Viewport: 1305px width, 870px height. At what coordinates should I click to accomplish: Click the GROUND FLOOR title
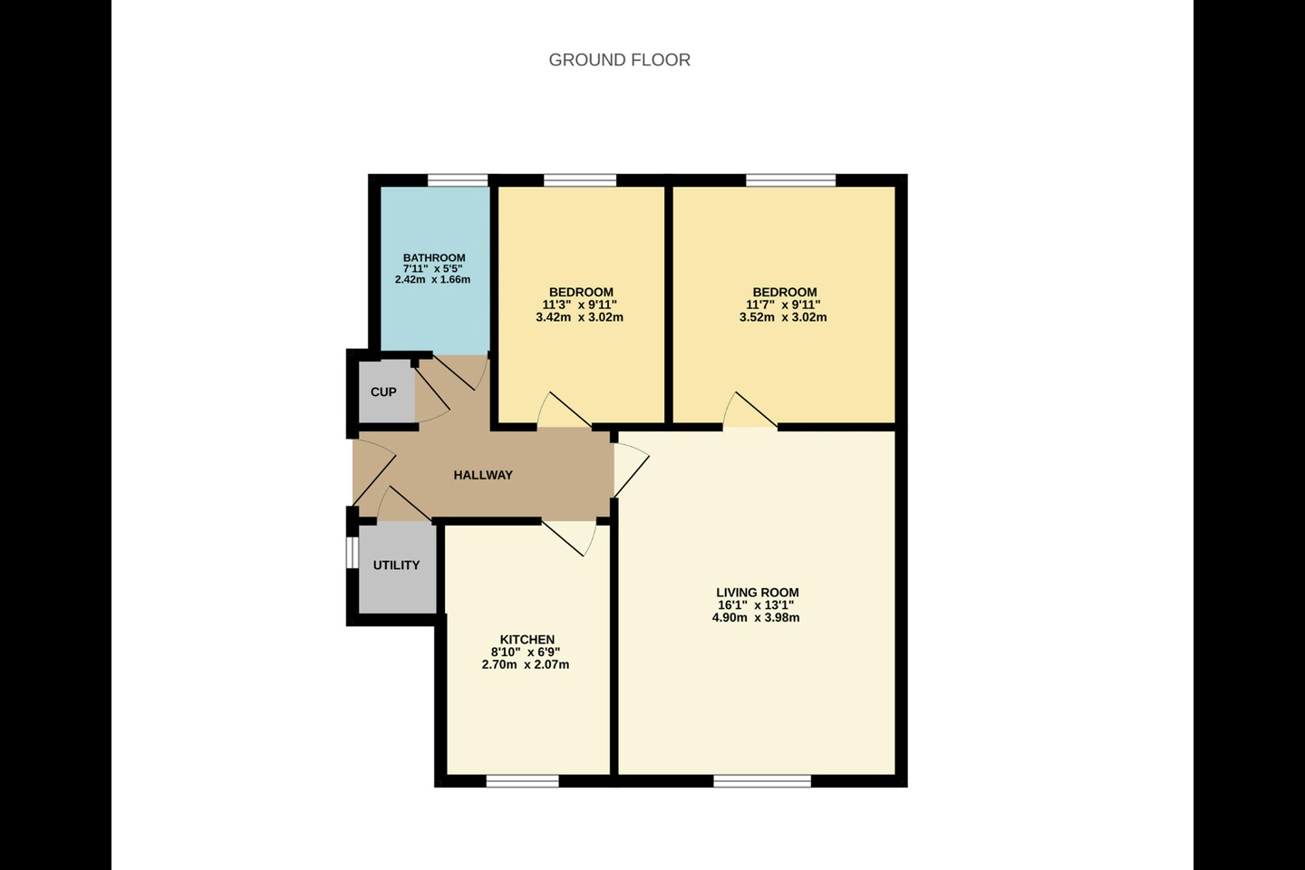[619, 60]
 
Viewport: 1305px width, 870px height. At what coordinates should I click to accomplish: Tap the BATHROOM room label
[434, 257]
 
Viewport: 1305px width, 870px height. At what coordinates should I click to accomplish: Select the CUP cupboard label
[383, 392]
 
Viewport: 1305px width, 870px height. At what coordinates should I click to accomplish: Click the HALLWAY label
[483, 475]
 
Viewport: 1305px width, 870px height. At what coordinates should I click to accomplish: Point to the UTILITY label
[396, 565]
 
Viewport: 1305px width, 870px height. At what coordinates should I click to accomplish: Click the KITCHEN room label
[527, 639]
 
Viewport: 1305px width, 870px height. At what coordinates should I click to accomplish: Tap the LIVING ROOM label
[757, 593]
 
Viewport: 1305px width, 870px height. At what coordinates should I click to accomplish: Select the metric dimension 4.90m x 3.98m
[756, 618]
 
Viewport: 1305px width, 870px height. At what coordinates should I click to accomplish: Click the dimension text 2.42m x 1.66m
[433, 280]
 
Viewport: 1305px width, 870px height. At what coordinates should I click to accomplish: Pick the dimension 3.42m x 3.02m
[580, 317]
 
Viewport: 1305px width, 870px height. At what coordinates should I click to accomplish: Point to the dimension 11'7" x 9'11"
[783, 304]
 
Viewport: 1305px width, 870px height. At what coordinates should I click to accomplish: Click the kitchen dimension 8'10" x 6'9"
[526, 652]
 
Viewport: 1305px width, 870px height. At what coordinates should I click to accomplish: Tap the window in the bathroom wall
[458, 179]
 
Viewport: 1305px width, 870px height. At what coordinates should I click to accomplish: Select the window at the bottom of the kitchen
[522, 781]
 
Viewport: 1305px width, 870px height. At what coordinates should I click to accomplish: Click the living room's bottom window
[761, 781]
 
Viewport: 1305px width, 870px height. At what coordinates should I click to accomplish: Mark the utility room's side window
[352, 554]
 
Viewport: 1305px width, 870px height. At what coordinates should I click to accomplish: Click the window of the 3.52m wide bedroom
[790, 179]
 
